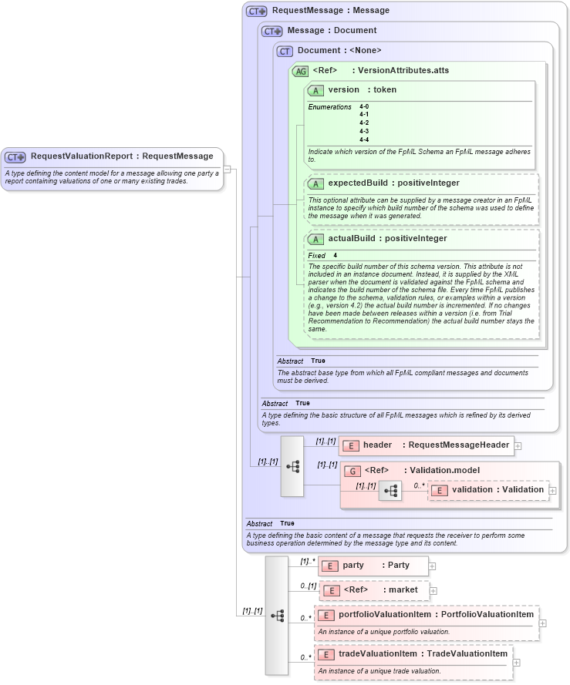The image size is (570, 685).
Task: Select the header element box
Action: click(426, 445)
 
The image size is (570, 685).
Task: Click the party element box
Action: click(373, 565)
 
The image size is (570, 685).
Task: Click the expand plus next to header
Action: click(518, 445)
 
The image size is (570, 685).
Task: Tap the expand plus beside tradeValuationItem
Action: click(517, 662)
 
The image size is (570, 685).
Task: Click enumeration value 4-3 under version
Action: click(364, 131)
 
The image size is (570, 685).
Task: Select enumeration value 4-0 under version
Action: click(364, 106)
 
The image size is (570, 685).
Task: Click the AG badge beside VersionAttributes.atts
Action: click(300, 71)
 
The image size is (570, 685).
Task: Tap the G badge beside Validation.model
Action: click(352, 471)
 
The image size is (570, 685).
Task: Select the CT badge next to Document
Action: click(285, 51)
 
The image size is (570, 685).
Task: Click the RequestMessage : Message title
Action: click(330, 11)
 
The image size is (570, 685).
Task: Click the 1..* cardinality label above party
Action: click(308, 561)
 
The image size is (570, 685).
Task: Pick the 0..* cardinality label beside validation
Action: click(419, 485)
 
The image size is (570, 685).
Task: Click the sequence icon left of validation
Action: click(391, 490)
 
